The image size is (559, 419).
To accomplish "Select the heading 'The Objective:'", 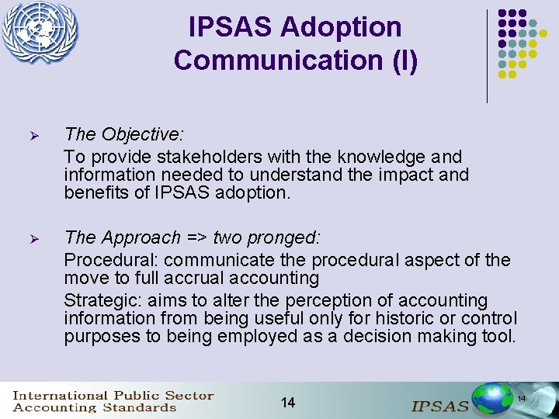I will coord(124,135).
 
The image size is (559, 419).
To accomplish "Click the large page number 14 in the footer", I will coord(287,402).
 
